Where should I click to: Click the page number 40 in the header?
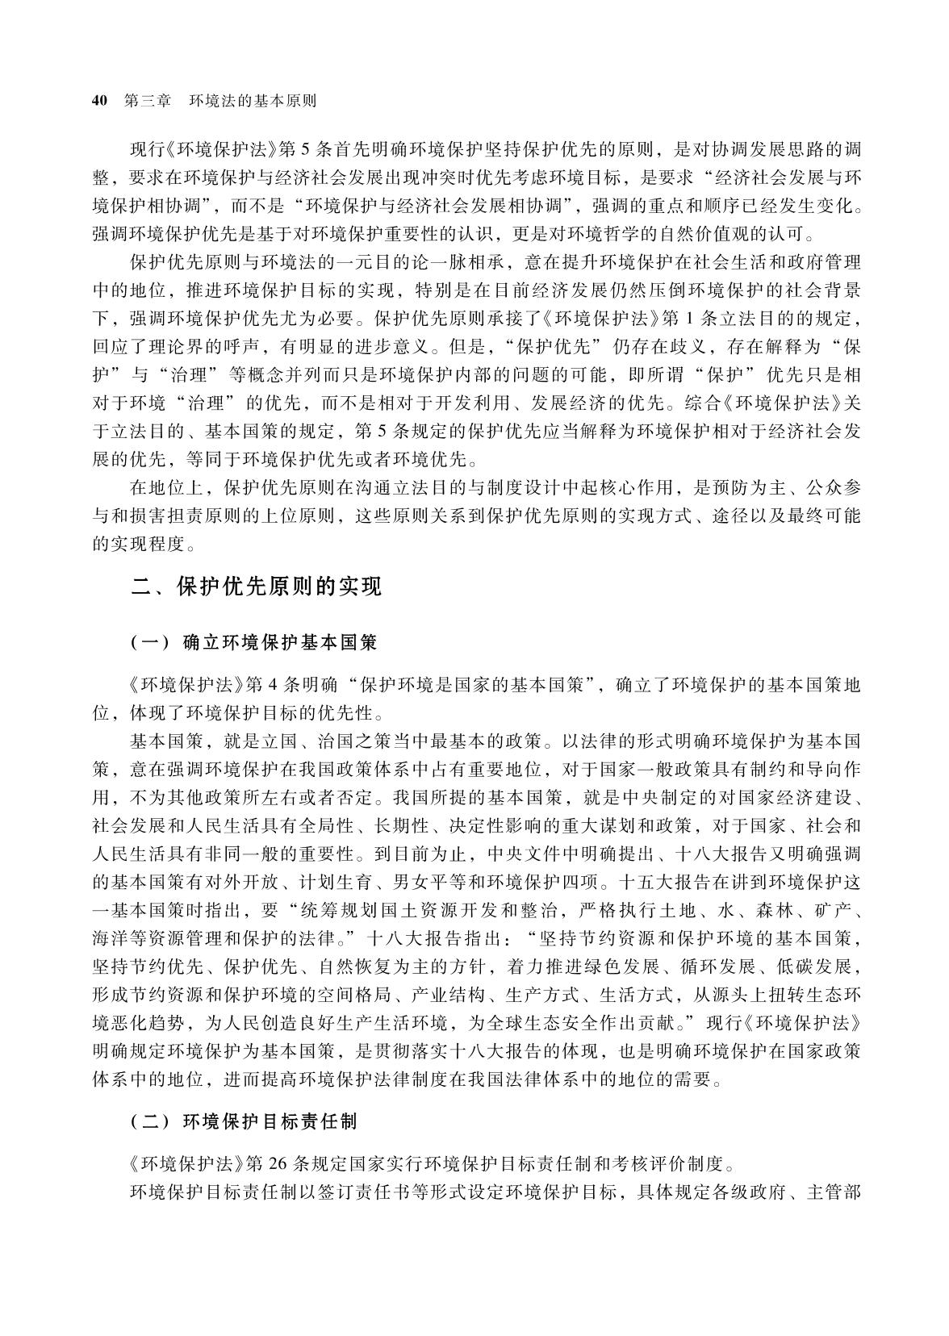pos(100,101)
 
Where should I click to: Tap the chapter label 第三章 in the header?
pos(148,101)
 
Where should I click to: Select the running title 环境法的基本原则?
pos(252,101)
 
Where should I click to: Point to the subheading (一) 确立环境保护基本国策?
pos(254,642)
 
